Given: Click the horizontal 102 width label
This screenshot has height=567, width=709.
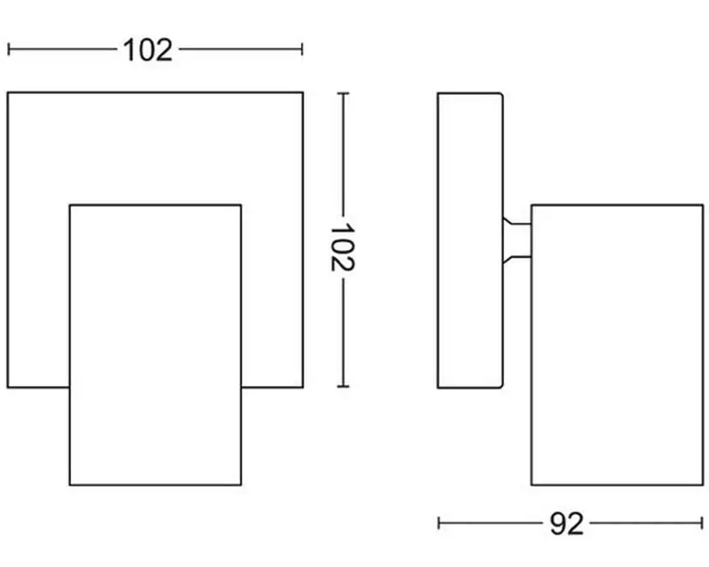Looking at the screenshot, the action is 148,50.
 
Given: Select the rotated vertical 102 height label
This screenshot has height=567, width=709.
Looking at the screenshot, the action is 343,247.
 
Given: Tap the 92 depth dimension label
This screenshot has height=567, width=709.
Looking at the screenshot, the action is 566,523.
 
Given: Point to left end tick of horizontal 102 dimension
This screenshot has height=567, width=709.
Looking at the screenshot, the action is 9,49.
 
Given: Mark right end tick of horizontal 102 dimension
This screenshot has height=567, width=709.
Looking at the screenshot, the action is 302,49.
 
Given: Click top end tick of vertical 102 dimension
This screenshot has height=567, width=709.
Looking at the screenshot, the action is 343,93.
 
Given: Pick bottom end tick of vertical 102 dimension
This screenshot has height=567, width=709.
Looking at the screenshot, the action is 343,387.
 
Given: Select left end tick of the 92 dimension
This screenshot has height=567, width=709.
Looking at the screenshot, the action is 439,523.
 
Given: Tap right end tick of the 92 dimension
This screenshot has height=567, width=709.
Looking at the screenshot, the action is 703,523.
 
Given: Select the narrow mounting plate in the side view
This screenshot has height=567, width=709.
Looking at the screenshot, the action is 469,240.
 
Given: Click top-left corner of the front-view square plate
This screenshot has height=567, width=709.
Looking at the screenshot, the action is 9,92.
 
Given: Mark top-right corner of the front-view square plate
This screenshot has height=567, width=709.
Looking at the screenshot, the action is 303,92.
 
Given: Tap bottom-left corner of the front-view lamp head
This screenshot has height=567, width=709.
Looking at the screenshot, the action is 70,484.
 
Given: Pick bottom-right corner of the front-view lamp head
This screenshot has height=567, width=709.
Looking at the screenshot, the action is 240,484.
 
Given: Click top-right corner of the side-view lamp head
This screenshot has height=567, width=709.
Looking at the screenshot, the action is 702,206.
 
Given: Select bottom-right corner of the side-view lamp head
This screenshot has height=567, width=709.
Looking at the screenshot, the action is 702,484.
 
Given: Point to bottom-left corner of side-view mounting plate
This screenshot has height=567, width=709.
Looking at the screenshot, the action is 438,386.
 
